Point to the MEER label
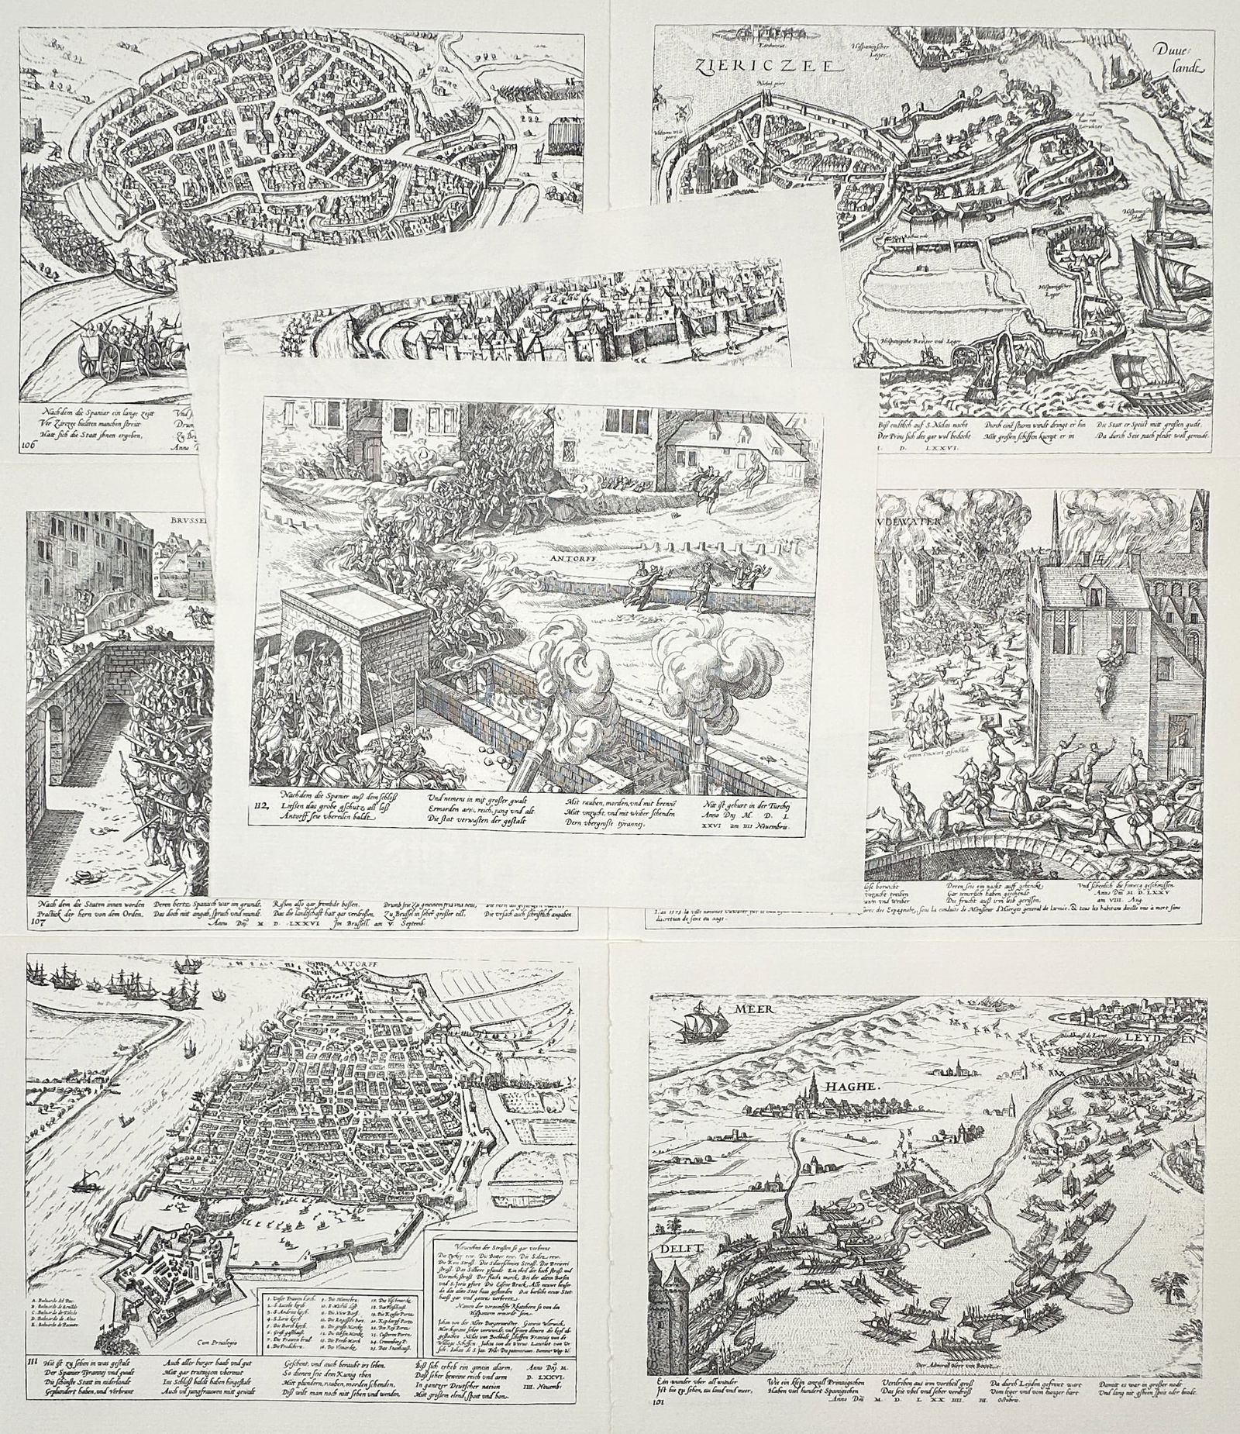(753, 1009)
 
